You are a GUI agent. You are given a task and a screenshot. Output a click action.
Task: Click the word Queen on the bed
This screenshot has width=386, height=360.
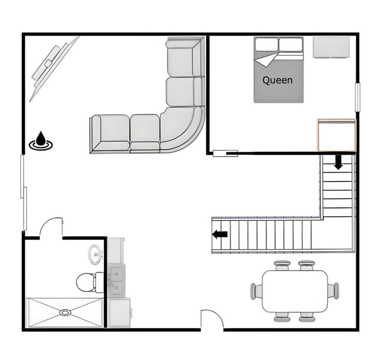pos(277,80)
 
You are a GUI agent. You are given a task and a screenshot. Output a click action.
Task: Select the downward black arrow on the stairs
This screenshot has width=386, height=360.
pos(338,162)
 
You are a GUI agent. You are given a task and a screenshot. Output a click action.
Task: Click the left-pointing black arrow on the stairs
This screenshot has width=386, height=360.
pos(220,234)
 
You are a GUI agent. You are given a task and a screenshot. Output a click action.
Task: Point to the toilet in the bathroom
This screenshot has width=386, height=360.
pos(90,282)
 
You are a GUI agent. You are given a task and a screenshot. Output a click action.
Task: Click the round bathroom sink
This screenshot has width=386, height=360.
pos(96,255)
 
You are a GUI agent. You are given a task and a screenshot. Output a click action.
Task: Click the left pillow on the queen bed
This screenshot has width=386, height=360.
pos(267,45)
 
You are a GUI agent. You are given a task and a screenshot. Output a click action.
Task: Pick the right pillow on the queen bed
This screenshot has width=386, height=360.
pos(291,45)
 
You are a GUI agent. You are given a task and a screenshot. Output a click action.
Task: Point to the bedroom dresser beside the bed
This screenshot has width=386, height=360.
pos(331,47)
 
